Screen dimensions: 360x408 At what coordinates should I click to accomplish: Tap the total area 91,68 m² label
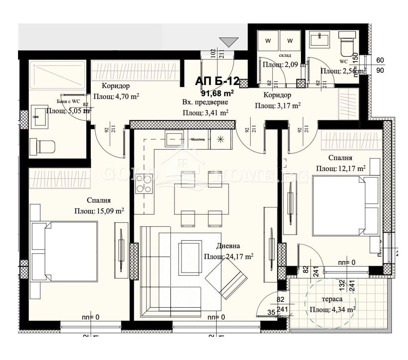coord(218,93)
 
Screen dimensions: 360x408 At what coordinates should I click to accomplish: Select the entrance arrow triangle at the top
coord(229,42)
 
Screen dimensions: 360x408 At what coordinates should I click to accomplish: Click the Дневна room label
coord(228,246)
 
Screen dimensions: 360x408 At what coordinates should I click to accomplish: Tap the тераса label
coord(332,299)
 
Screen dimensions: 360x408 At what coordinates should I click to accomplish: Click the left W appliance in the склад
coord(268,40)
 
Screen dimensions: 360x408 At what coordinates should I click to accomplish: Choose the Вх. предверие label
coord(205,102)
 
